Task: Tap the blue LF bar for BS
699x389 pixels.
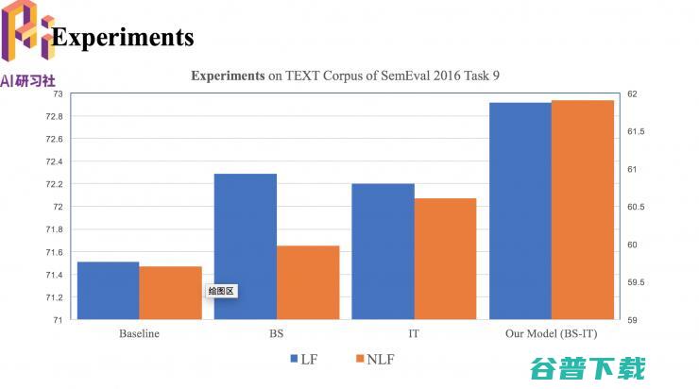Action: coord(246,247)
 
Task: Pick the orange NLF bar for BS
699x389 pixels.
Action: coord(308,282)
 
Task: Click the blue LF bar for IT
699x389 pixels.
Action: coord(383,252)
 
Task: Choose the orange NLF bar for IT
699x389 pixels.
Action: coord(445,260)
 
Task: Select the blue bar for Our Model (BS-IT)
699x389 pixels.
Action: coord(520,211)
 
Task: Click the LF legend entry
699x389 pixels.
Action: coord(301,359)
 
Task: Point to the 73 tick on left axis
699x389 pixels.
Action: coord(58,93)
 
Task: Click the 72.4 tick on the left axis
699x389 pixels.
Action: coord(55,161)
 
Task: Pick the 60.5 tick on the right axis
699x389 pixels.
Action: coord(635,207)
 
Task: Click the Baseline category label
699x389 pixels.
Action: coord(139,333)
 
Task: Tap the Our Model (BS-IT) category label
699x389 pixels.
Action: coord(551,333)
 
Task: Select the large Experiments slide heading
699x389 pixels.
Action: coord(123,37)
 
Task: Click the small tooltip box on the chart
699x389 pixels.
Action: coord(221,291)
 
